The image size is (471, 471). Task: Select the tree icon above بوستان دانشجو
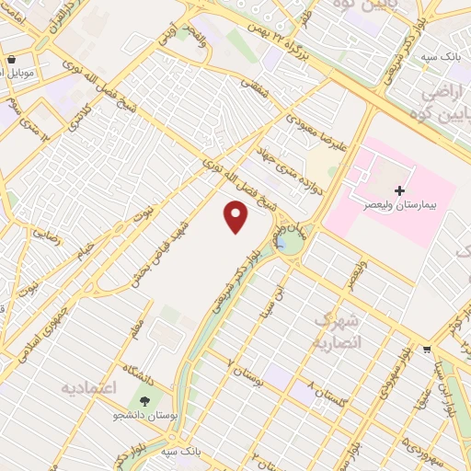click(x=144, y=401)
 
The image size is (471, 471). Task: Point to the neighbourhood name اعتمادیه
click(x=90, y=387)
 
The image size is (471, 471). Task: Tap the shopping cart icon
click(x=427, y=350)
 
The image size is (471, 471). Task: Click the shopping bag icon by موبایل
click(x=10, y=60)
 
